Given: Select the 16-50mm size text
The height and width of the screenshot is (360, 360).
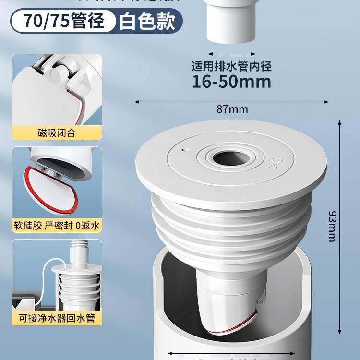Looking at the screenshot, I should coord(231,81).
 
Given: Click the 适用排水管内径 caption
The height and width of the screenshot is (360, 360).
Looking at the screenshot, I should coord(231,66).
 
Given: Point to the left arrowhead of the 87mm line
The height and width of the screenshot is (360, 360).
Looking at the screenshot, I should coord(137,102).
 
